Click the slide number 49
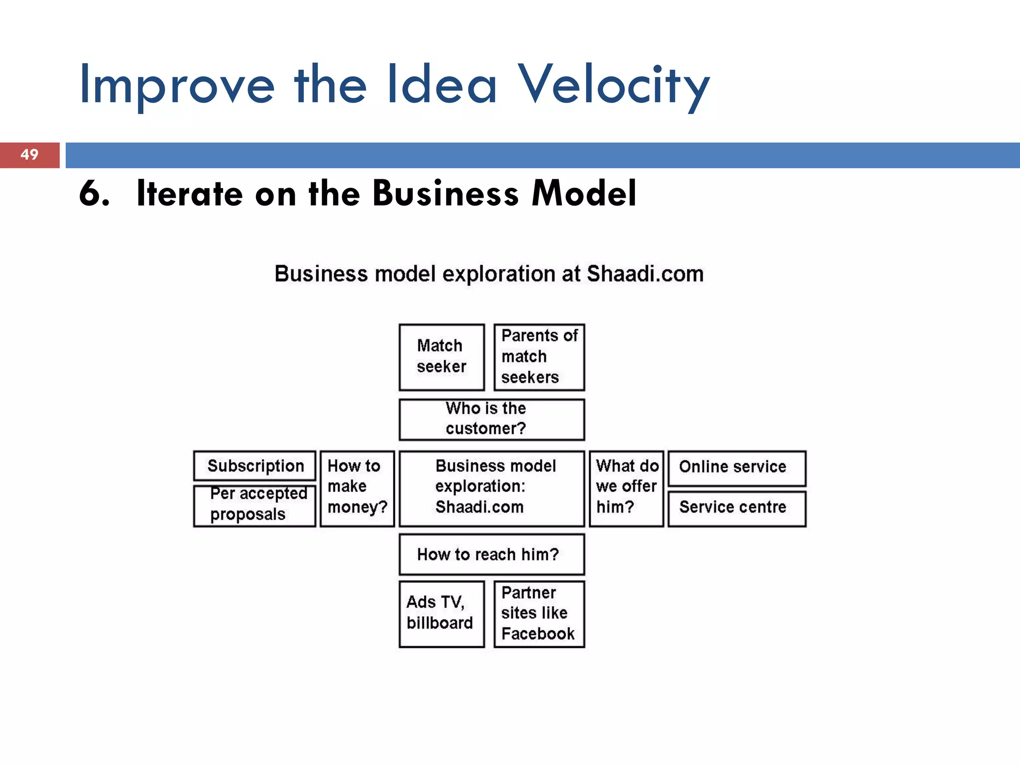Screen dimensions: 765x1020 [x=29, y=154]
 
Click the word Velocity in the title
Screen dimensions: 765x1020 [x=614, y=86]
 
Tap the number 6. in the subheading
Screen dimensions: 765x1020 [x=94, y=193]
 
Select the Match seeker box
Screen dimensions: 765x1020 [x=441, y=357]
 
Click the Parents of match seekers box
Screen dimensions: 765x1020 [x=539, y=357]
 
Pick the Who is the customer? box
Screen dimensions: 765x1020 [x=491, y=419]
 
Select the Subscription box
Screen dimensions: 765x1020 [x=255, y=466]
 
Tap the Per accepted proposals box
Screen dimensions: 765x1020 [x=255, y=505]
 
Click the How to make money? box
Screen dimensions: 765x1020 [x=357, y=488]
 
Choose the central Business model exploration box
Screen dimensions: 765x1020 [x=491, y=488]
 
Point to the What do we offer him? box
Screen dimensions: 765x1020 [x=626, y=488]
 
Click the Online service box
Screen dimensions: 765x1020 [x=736, y=468]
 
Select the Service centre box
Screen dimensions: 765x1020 [x=736, y=508]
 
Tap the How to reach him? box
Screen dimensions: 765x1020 [x=491, y=554]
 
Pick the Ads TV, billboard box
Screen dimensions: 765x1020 [x=441, y=613]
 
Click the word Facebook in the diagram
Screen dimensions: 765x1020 [x=538, y=634]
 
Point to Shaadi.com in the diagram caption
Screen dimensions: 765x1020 [x=645, y=274]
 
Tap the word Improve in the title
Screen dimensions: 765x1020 [x=177, y=86]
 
